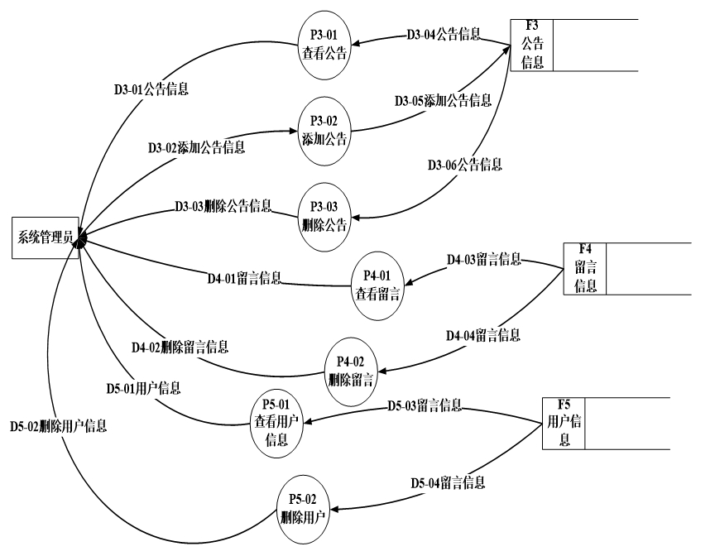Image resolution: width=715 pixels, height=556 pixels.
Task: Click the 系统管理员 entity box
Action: tap(46, 238)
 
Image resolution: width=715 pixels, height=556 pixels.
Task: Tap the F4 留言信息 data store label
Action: tap(585, 267)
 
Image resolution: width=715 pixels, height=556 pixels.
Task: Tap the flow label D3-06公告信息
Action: tap(464, 163)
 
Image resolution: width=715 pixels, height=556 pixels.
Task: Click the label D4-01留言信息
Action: tap(243, 277)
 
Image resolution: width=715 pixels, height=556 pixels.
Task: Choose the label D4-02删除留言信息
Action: tap(179, 346)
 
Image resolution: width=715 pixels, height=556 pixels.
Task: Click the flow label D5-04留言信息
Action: tap(447, 480)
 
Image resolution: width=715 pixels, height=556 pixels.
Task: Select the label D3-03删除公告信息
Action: tap(223, 205)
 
